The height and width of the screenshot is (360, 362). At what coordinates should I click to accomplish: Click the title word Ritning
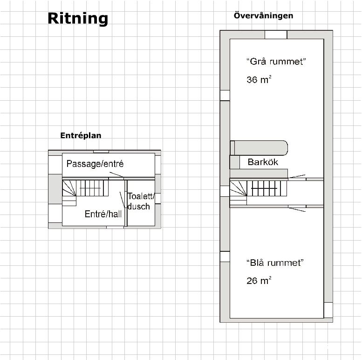coord(78,19)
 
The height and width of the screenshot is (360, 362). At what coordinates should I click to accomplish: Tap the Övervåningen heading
coord(263,16)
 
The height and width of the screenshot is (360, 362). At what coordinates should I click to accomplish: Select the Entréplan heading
coord(81,135)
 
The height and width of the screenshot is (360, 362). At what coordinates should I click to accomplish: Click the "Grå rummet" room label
coord(276,62)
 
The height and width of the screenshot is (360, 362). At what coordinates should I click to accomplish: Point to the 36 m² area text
coord(259,79)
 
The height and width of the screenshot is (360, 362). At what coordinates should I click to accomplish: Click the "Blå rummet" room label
coord(275,263)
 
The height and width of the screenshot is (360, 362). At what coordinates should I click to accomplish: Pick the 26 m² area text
coord(259,281)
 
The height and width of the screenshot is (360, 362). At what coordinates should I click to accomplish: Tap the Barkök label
coord(263,162)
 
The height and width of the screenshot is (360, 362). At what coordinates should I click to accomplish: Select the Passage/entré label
coord(95,164)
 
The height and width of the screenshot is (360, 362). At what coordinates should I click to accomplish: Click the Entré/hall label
coord(103,214)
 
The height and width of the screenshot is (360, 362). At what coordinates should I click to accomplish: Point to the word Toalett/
coord(141,196)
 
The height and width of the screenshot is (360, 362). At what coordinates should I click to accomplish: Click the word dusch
coord(138,206)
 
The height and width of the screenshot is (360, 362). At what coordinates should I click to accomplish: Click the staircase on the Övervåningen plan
coord(259,193)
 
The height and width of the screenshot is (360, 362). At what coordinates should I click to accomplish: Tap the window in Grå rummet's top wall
coord(276,35)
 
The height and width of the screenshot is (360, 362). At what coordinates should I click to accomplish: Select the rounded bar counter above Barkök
coord(259,148)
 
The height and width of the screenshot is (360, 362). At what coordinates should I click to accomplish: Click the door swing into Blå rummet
coord(297,209)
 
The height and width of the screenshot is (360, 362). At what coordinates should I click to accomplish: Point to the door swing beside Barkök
coord(297,176)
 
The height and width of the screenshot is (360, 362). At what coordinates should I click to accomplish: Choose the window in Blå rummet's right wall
coord(328,310)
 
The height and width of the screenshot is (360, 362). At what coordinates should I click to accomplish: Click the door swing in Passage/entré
coord(116,174)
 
